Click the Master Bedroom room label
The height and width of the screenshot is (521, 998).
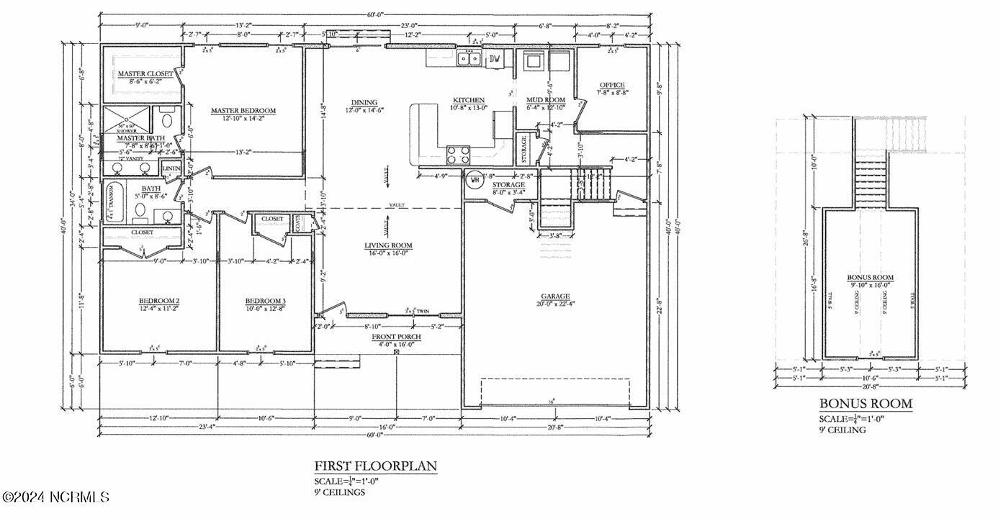click(243, 111)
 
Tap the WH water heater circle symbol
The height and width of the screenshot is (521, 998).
click(475, 180)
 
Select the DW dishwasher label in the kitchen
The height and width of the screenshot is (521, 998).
click(495, 59)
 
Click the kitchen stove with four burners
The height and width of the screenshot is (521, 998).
click(459, 154)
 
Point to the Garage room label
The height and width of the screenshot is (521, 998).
click(555, 296)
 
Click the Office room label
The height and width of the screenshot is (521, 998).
click(612, 85)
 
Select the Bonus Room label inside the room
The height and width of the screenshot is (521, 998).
click(870, 277)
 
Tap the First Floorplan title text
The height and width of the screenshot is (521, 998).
click(375, 466)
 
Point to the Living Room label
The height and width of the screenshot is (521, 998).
click(388, 245)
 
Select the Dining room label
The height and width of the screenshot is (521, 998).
click(364, 102)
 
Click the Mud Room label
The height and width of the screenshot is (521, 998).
click(545, 99)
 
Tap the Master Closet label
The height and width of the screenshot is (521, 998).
click(145, 74)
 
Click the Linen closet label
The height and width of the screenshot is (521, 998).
click(171, 168)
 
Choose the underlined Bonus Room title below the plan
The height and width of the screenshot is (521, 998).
click(866, 404)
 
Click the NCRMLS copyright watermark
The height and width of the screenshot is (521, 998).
click(56, 497)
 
